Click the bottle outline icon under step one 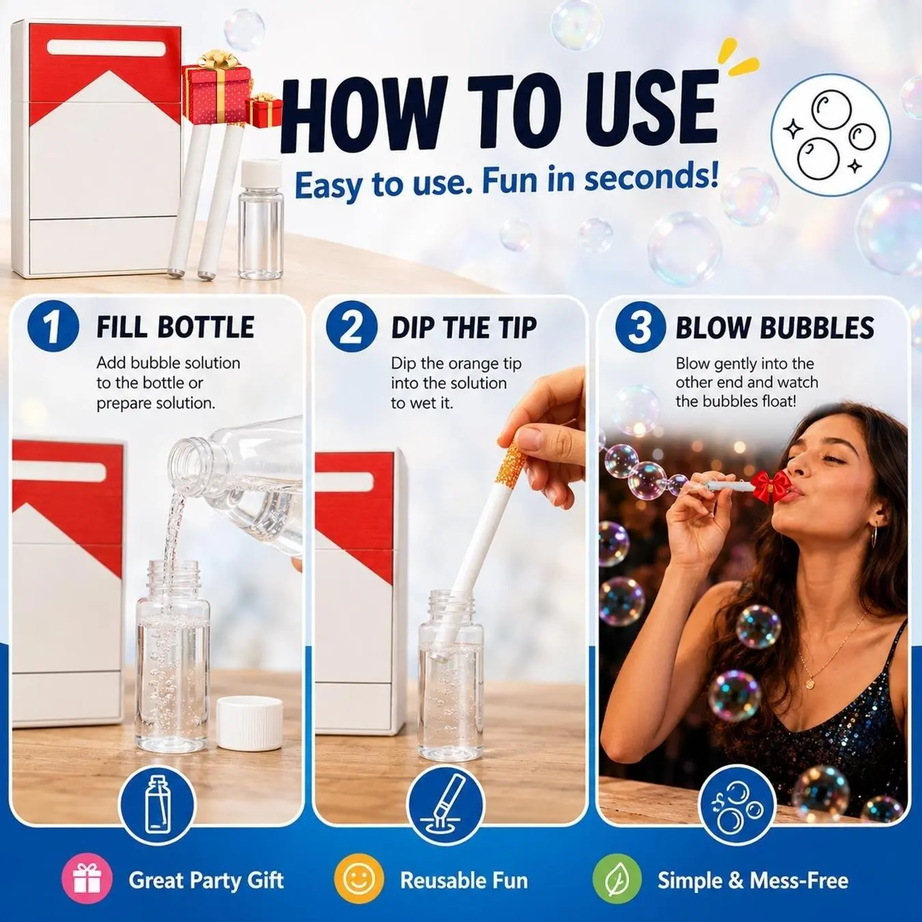point(157,804)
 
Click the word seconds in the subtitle point(651,180)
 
